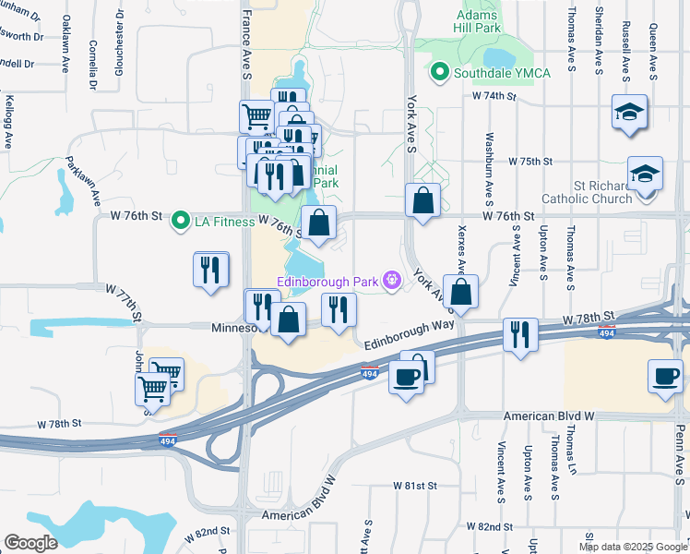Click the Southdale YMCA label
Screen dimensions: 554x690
pos(494,71)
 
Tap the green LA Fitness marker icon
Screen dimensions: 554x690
pos(181,220)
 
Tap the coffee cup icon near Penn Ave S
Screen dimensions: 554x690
pos(664,375)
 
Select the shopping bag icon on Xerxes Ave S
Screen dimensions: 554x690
pos(459,290)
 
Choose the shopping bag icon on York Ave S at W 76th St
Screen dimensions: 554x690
pos(422,199)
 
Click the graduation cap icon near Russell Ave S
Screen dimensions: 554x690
pos(631,112)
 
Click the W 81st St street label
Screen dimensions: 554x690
pos(413,485)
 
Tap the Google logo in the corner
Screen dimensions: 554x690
pos(30,542)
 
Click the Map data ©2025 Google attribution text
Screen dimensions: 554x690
pos(633,547)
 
